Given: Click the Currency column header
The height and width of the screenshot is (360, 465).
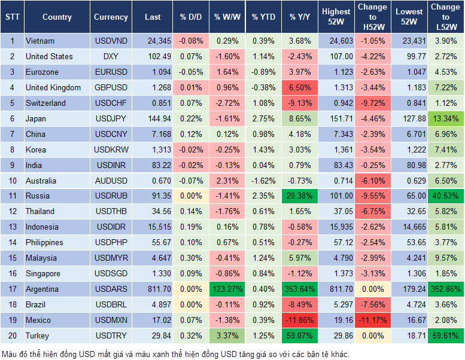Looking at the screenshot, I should (x=111, y=17).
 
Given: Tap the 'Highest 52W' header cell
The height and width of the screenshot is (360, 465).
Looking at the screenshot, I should (x=336, y=17).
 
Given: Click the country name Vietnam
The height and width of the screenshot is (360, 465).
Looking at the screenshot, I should (x=40, y=41).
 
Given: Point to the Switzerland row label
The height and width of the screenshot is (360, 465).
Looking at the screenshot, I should (x=45, y=103).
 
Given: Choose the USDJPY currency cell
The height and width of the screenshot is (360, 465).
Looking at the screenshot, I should (x=111, y=118).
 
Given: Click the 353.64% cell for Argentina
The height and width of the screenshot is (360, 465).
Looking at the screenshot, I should (x=300, y=289).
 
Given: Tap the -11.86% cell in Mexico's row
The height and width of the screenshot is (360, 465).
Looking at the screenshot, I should (x=300, y=320).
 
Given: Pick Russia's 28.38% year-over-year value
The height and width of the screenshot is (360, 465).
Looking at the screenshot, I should (x=300, y=196).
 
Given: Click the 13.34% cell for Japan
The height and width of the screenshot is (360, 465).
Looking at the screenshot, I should (x=445, y=118).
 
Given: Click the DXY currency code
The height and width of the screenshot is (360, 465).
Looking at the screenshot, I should (x=111, y=56).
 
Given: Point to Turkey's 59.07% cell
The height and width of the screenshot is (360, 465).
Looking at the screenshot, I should (x=300, y=335).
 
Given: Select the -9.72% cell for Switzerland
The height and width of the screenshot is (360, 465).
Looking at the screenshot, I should (x=372, y=103).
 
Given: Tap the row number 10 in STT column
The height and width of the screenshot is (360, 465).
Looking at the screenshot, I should (x=11, y=181).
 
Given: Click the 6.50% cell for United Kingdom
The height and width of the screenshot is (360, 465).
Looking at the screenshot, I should (x=300, y=87).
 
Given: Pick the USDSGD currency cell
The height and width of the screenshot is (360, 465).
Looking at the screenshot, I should (x=111, y=273).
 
